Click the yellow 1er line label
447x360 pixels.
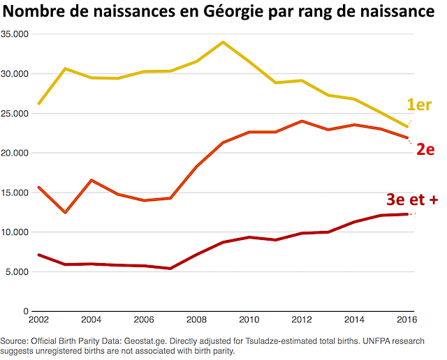point(419,105)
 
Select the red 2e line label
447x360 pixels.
point(426,149)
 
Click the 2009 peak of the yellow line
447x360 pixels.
point(223,42)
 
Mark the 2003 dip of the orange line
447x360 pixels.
point(65,212)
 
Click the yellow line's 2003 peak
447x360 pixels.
point(65,68)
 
